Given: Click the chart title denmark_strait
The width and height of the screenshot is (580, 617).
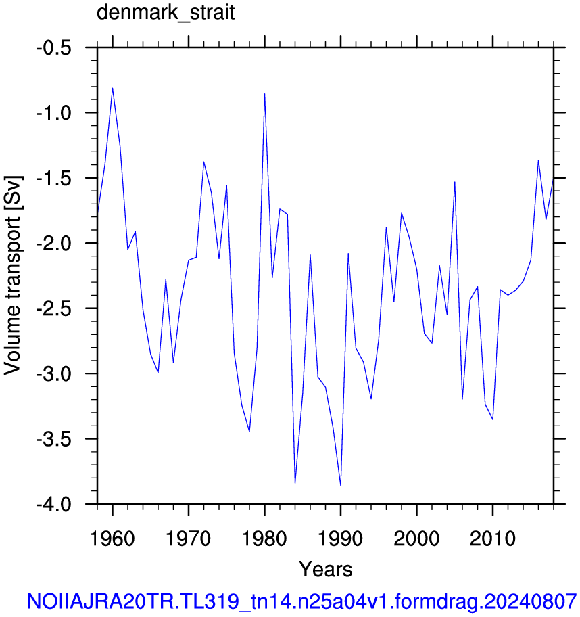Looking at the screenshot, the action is click(166, 13).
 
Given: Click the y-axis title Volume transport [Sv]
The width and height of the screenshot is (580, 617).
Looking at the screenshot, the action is click(12, 275).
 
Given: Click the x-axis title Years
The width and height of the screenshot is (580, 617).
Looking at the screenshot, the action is click(326, 569).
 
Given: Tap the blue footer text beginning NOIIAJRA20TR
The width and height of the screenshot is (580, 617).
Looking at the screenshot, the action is click(301, 601).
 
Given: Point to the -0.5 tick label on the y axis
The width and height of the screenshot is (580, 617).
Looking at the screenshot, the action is click(54, 49).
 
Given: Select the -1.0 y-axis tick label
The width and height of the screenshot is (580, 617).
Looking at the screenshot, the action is click(54, 114).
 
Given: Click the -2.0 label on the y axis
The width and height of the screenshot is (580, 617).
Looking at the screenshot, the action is click(54, 244).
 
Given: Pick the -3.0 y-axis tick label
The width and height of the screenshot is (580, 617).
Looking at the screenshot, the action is click(54, 374).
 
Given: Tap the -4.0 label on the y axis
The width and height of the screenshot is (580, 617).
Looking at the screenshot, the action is click(54, 505).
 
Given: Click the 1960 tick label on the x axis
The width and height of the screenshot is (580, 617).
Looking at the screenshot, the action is click(112, 539).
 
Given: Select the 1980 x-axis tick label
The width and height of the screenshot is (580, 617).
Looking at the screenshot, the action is click(264, 539).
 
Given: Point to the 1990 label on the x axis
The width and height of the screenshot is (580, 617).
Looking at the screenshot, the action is click(341, 539).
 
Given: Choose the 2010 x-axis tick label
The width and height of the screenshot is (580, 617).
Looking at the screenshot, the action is click(493, 539).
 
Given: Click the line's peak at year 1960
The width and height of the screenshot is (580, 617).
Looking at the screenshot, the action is click(112, 88).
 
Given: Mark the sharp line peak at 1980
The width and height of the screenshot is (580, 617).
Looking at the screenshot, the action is click(264, 93).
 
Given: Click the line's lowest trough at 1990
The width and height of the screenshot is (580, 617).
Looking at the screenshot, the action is click(341, 486).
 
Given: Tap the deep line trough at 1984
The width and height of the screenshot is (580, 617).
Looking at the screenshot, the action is click(295, 483).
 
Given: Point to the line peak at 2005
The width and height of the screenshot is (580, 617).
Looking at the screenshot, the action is click(454, 182).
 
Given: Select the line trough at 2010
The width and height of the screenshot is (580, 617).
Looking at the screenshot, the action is click(493, 419).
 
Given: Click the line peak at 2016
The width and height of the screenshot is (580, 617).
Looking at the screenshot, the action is click(538, 160).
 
